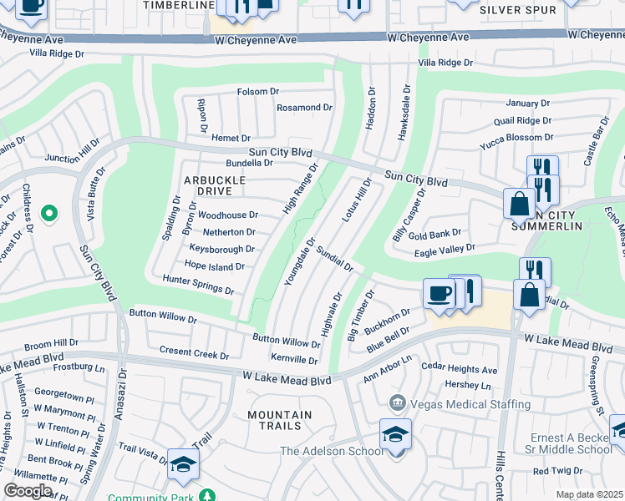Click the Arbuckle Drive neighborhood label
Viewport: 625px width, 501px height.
click(x=215, y=185)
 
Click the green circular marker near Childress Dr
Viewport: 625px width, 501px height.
click(x=49, y=214)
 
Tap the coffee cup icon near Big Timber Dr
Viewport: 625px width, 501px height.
click(x=440, y=293)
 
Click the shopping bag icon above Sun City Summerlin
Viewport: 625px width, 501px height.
click(x=520, y=203)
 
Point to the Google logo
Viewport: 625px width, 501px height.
click(x=28, y=491)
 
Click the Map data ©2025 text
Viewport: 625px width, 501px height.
click(x=590, y=494)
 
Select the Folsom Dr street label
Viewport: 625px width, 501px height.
click(x=257, y=91)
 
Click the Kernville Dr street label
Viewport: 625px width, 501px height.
click(x=294, y=360)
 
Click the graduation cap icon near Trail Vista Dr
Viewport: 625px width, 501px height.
click(x=183, y=464)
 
